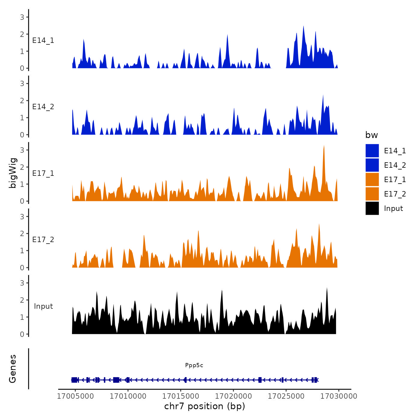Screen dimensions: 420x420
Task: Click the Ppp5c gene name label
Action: [x=194, y=365]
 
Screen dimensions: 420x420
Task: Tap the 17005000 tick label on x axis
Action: [x=75, y=396]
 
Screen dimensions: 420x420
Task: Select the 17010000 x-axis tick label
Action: [x=128, y=396]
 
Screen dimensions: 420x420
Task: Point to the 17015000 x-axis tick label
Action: [x=181, y=396]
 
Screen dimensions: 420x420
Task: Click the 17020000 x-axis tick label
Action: [x=233, y=396]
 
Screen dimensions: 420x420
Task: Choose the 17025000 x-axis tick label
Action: [x=286, y=396]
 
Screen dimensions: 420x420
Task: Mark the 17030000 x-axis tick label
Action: [x=339, y=396]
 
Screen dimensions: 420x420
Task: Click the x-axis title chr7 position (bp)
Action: [x=205, y=406]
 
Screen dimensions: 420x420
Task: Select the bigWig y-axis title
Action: [x=13, y=173]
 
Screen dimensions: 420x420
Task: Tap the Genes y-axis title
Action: [x=13, y=369]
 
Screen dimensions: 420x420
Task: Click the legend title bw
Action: [x=371, y=135]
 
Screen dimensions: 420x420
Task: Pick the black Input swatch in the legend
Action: [x=372, y=208]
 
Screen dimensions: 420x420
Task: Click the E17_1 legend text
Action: [x=395, y=179]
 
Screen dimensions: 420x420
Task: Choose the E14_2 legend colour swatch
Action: [x=372, y=165]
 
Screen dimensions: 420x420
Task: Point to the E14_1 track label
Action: [x=43, y=40]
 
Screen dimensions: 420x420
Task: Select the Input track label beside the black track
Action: [x=43, y=306]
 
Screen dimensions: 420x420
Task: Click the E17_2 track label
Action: [x=43, y=240]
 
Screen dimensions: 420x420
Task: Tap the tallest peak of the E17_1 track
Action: [x=324, y=146]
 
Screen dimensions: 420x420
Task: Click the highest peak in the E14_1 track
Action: [x=303, y=26]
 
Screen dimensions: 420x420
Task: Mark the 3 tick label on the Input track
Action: [x=22, y=283]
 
